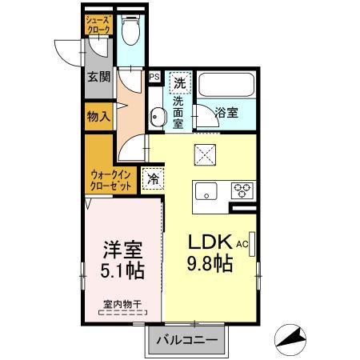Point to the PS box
pyautogui.click(x=154, y=78)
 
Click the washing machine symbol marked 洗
pyautogui.click(x=180, y=82)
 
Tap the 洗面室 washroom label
pyautogui.click(x=179, y=111)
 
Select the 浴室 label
pyautogui.click(x=226, y=114)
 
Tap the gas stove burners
pyautogui.click(x=242, y=190)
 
